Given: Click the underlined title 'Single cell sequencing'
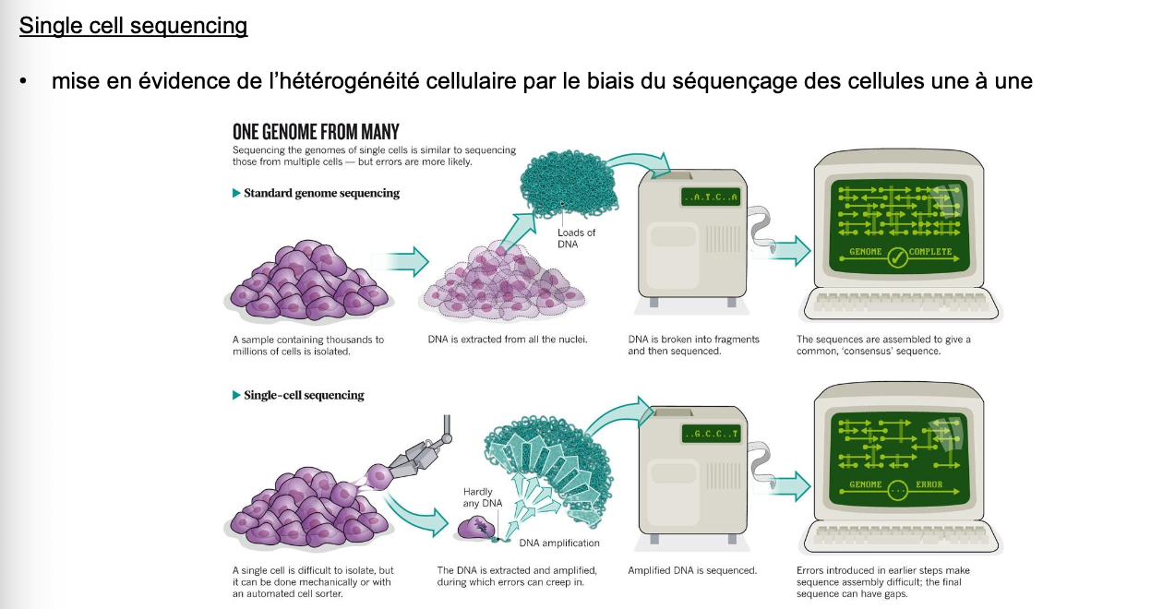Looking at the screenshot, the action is pyautogui.click(x=134, y=26).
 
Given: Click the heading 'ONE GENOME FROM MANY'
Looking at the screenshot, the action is pyautogui.click(x=316, y=132).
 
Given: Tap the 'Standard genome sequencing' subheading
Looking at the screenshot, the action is pyautogui.click(x=321, y=193).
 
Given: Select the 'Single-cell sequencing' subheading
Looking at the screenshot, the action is pyautogui.click(x=304, y=395).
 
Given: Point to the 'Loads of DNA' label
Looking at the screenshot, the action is pyautogui.click(x=576, y=238).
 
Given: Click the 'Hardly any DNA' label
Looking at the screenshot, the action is pyautogui.click(x=483, y=497).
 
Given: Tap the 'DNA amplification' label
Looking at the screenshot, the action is pyautogui.click(x=559, y=543).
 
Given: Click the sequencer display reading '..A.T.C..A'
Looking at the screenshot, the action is pyautogui.click(x=711, y=197).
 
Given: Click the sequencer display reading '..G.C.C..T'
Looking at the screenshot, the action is pyautogui.click(x=711, y=434).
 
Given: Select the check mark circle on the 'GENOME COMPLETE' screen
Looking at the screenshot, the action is pyautogui.click(x=896, y=257).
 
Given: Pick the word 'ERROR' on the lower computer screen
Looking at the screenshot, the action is pyautogui.click(x=929, y=484).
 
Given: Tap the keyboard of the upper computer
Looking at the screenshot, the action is pyautogui.click(x=901, y=304).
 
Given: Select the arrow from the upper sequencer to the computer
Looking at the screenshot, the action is pyautogui.click(x=790, y=250).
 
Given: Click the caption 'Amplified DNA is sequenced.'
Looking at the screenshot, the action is pyautogui.click(x=692, y=570).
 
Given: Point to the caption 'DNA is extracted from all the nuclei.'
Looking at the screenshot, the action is pyautogui.click(x=508, y=340).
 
